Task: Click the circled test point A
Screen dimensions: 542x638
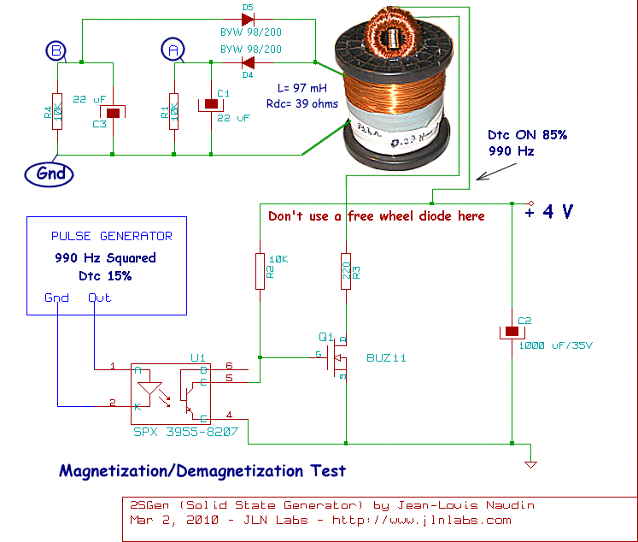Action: tap(174, 51)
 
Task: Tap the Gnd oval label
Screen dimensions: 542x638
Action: tap(50, 174)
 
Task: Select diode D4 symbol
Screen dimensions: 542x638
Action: tap(249, 62)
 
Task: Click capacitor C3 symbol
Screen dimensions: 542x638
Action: tap(114, 111)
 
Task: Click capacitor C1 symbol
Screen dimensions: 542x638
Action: tap(211, 104)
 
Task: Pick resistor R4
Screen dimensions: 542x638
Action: tap(57, 111)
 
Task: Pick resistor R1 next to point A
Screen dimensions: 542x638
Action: tap(174, 111)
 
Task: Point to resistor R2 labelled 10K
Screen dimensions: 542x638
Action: tap(260, 270)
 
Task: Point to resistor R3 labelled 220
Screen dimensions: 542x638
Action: tap(346, 270)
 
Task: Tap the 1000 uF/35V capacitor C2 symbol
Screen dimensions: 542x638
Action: tap(511, 331)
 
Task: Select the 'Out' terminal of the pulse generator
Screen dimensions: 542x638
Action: tap(99, 298)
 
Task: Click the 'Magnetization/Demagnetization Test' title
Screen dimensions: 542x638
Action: tap(202, 470)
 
